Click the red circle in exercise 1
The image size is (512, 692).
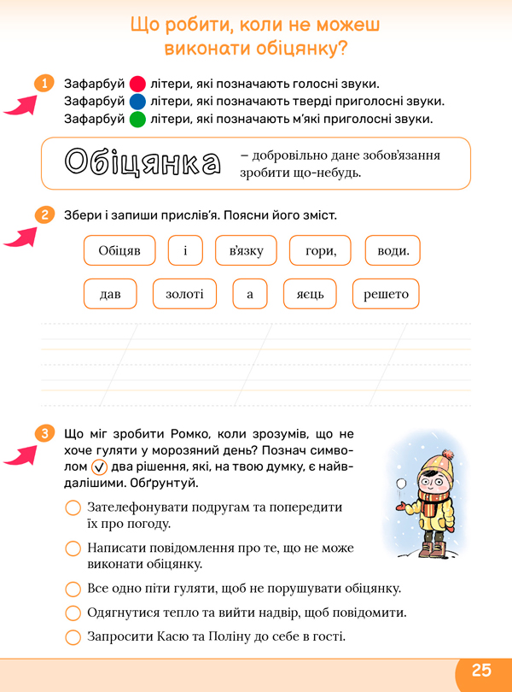tap(137, 85)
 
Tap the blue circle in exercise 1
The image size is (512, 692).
tap(137, 102)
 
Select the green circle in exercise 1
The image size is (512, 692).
tap(137, 119)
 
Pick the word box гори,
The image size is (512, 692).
tap(314, 251)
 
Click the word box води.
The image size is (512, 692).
tap(393, 251)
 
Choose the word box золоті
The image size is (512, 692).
tap(184, 294)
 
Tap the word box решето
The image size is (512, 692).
tap(386, 294)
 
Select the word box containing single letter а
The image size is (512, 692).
tap(250, 294)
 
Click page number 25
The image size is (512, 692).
tap(482, 670)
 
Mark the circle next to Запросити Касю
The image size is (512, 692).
tap(73, 636)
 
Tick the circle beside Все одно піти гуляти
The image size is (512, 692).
tap(73, 589)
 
